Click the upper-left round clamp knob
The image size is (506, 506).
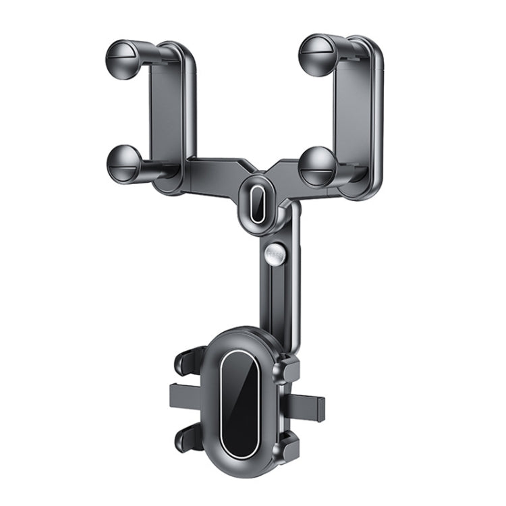click(x=124, y=55)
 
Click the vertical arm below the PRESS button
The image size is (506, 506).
click(x=276, y=297)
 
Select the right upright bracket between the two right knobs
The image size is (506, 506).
click(x=356, y=111)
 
